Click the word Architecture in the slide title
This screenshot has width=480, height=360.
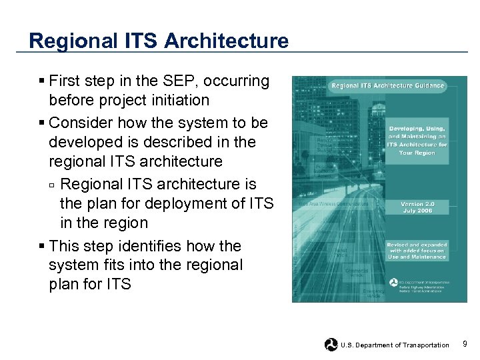[226, 41]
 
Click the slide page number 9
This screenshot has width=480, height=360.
[464, 344]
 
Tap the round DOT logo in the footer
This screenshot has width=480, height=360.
[331, 345]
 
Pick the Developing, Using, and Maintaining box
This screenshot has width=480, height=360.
[417, 140]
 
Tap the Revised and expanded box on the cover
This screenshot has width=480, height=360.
[417, 251]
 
